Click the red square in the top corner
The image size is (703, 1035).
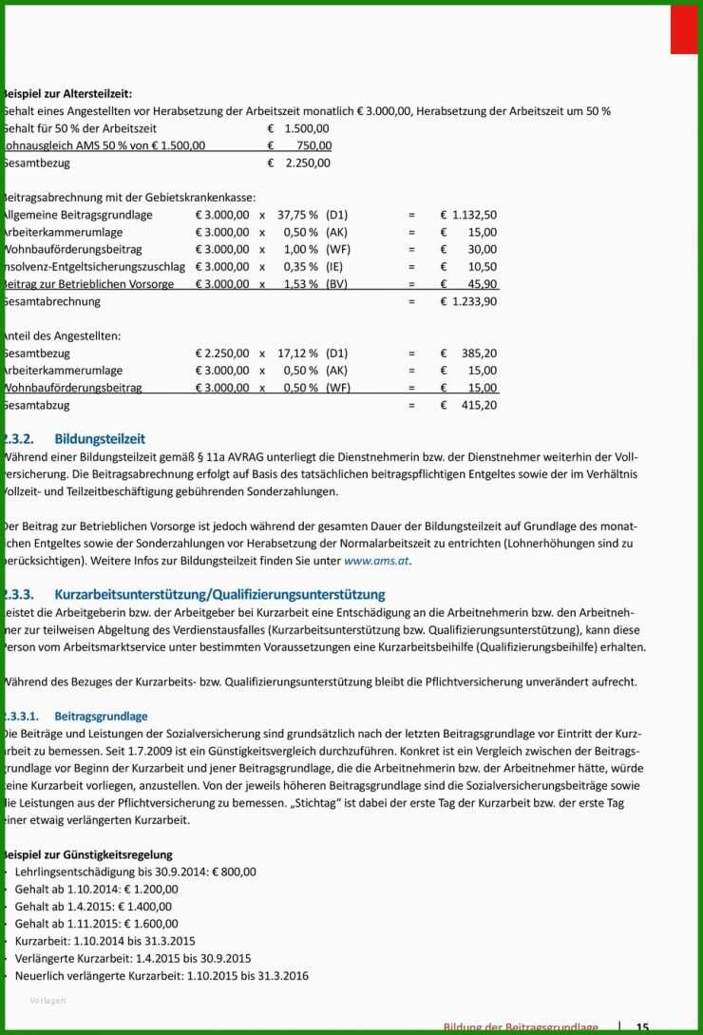coord(683,29)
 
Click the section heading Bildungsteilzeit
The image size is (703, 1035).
coord(100,439)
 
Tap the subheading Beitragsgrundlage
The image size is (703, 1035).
coord(101,716)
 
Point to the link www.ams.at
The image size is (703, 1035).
coord(377,561)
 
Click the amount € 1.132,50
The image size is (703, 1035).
coord(468,216)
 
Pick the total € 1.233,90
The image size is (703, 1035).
coord(468,301)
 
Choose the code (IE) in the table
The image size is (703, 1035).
coord(335,267)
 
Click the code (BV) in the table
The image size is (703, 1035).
coord(336,284)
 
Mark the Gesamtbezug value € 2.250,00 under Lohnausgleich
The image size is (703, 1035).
coord(299,163)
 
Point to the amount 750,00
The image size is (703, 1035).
coord(313,145)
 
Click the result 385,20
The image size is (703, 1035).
coord(477,354)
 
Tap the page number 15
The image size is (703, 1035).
coord(643,1027)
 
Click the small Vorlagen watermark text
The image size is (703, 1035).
coord(47,1001)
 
